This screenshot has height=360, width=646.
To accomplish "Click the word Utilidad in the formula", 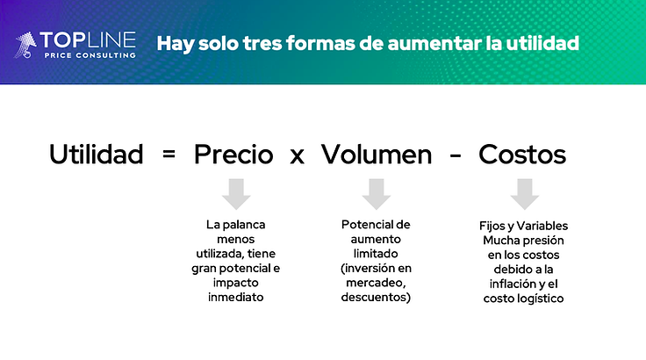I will (96, 155).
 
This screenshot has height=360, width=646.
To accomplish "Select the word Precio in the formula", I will (233, 155).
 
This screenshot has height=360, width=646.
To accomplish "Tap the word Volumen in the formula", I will (376, 155).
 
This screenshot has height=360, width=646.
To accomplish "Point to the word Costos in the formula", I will (522, 155).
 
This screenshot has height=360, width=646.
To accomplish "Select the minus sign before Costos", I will (456, 156).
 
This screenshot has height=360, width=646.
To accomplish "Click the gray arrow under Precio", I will (236, 192).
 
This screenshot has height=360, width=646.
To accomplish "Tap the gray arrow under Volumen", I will (377, 192).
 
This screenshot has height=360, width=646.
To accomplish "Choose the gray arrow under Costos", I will (525, 192).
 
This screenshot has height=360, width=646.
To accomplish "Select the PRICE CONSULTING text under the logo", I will (90, 55).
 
